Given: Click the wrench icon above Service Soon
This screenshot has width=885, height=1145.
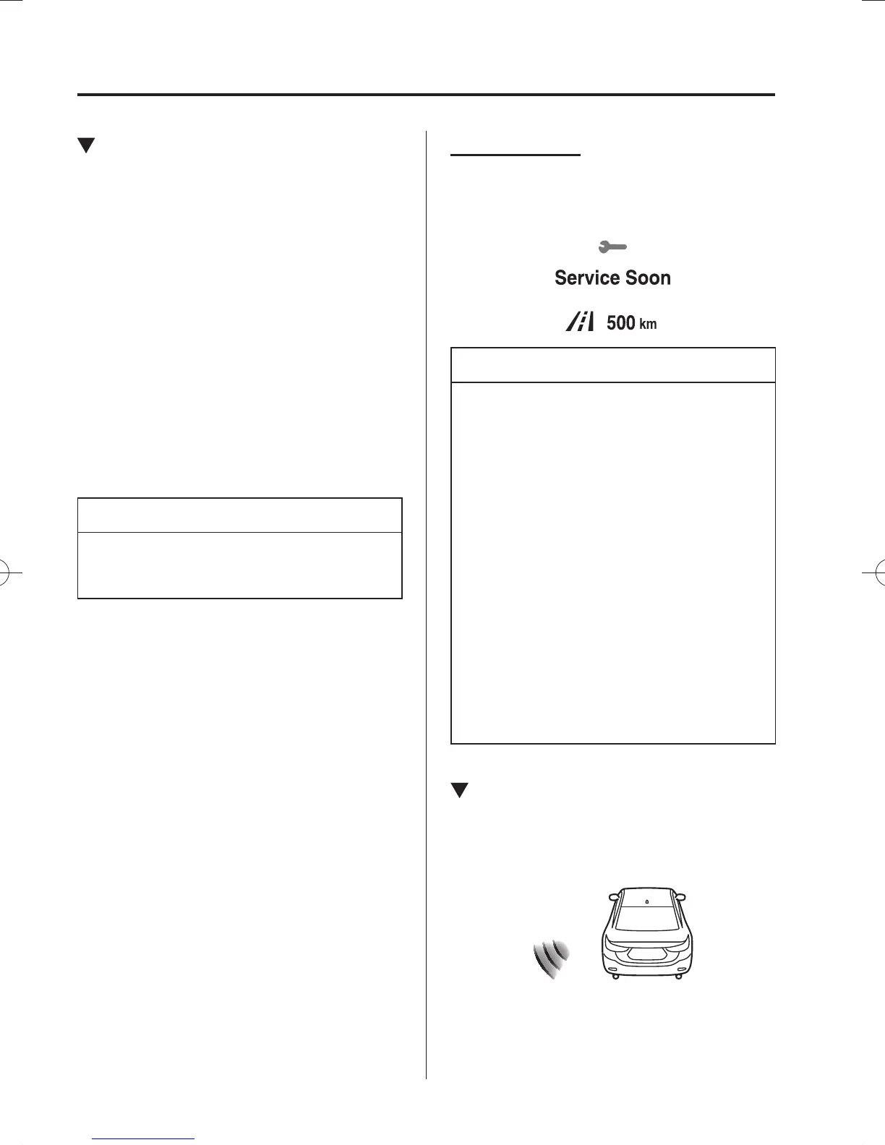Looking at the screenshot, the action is [x=612, y=247].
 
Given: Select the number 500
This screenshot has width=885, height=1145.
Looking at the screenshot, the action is [x=620, y=322].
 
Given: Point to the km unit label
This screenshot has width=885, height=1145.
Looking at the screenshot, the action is [x=648, y=325].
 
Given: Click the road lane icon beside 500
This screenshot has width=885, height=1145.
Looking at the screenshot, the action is [x=580, y=322].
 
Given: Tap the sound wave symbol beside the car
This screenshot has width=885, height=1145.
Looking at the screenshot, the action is [x=551, y=960].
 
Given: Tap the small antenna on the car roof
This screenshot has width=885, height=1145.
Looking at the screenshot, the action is [x=646, y=901].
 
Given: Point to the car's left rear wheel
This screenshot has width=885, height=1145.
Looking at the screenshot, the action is [x=615, y=977].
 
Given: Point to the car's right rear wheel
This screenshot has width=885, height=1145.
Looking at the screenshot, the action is [x=679, y=977].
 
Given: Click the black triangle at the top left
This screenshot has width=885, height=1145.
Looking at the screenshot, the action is [x=86, y=146].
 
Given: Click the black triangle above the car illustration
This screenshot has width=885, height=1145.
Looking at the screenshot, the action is [x=459, y=791].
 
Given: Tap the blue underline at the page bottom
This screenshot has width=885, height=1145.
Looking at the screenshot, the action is [x=144, y=1138].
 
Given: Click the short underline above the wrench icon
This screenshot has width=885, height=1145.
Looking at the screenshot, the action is [x=516, y=154].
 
